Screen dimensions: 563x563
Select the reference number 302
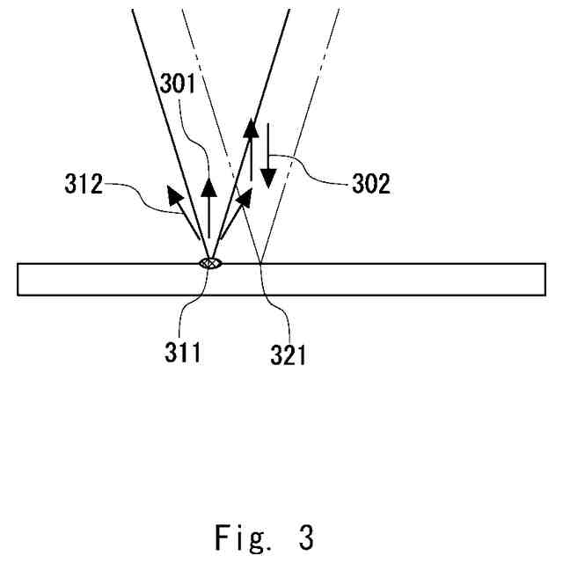372,186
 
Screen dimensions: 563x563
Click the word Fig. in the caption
241,537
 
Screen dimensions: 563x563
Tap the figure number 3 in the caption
305,537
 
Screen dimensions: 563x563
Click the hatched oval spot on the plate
209,262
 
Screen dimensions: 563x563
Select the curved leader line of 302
317,167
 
